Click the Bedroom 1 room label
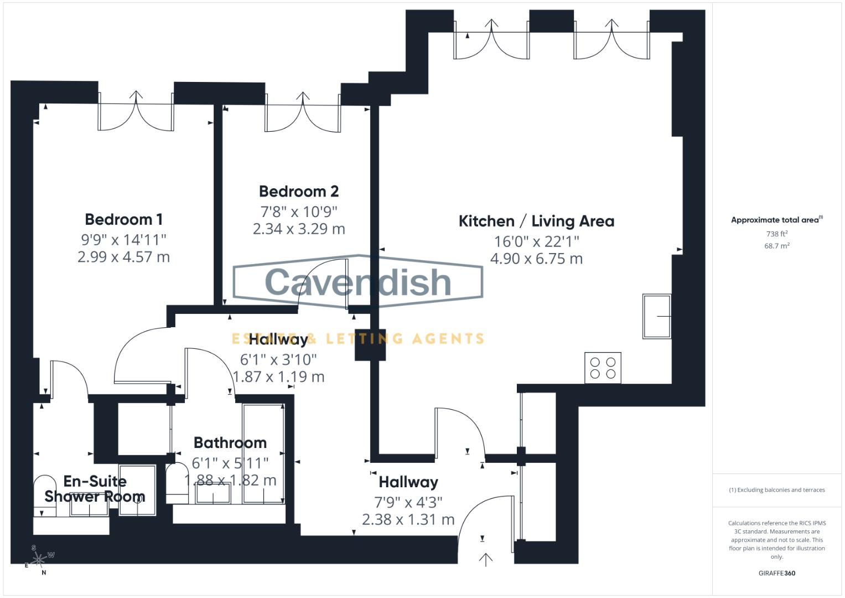[124, 219]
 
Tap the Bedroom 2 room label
[299, 192]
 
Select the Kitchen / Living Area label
[536, 221]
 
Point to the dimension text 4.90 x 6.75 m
[536, 259]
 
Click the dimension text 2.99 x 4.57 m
[123, 257]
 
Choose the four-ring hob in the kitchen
[603, 368]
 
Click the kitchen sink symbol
[657, 316]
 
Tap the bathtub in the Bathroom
[264, 453]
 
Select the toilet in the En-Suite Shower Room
[45, 490]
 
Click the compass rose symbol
[39, 560]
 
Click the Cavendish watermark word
[358, 282]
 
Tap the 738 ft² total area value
[776, 234]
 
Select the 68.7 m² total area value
[776, 246]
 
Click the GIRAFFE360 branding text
[776, 573]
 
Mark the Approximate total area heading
[776, 220]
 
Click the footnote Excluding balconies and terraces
[776, 490]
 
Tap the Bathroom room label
[230, 443]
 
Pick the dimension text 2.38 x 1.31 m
[408, 519]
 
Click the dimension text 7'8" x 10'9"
[299, 212]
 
